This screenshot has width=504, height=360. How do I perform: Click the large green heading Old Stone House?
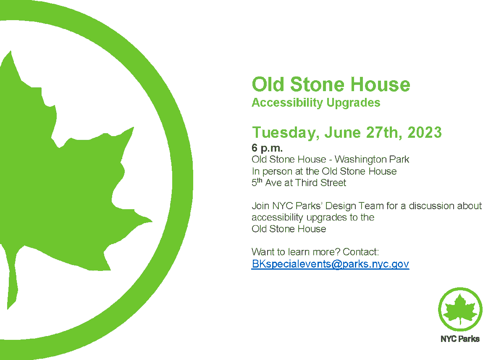tap(331, 84)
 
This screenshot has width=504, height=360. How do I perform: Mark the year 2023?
tap(424, 133)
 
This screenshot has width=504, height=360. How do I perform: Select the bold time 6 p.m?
tap(267, 148)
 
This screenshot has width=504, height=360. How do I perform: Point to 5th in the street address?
tap(257, 182)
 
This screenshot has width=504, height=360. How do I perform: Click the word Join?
tap(260, 206)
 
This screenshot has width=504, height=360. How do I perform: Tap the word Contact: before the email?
tap(361, 252)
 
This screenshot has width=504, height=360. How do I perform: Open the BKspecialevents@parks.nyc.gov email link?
tap(330, 264)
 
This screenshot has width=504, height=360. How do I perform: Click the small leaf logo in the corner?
tap(460, 309)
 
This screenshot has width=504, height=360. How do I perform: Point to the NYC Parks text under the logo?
tap(460, 339)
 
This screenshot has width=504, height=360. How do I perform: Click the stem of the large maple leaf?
tap(13, 286)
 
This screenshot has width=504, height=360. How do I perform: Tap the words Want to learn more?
tap(296, 252)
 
